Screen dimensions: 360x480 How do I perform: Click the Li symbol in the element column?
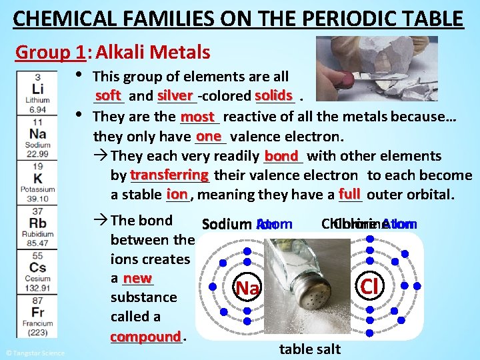37,89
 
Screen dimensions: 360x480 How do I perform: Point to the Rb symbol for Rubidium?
37,223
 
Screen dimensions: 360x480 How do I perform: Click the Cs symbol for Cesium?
37,268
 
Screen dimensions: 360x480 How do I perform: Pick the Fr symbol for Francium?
37,312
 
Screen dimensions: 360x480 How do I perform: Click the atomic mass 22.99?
37,154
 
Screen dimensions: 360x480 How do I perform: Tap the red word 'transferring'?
170,175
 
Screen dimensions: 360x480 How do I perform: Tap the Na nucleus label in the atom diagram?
247,288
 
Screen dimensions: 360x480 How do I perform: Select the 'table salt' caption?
310,349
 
